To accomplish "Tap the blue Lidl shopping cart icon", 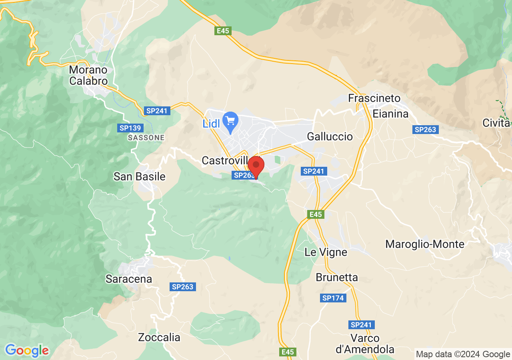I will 230,120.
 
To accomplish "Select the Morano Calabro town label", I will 88,75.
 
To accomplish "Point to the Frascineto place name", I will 374,98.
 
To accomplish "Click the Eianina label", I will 390,114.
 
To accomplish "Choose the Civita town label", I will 496,123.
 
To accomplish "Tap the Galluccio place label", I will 330,137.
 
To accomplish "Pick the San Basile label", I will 139,176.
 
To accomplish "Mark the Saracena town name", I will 129,279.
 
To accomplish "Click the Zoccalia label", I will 159,337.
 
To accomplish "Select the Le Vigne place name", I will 326,252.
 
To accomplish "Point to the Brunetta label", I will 337,277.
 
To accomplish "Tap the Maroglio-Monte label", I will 425,244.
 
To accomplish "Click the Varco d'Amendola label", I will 365,344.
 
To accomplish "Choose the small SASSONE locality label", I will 146,138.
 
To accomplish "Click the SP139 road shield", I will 130,128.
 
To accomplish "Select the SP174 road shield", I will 333,298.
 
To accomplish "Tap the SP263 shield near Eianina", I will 426,130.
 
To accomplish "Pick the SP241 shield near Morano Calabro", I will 157,111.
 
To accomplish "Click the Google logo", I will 27,351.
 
